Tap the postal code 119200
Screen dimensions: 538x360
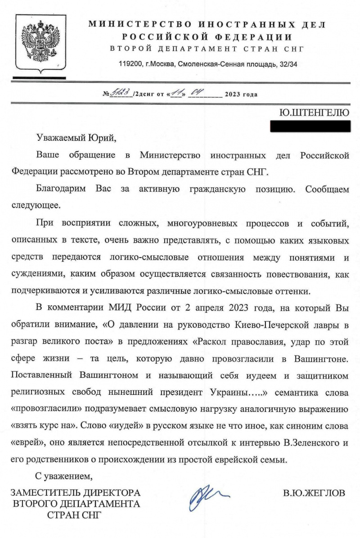point(129,64)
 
